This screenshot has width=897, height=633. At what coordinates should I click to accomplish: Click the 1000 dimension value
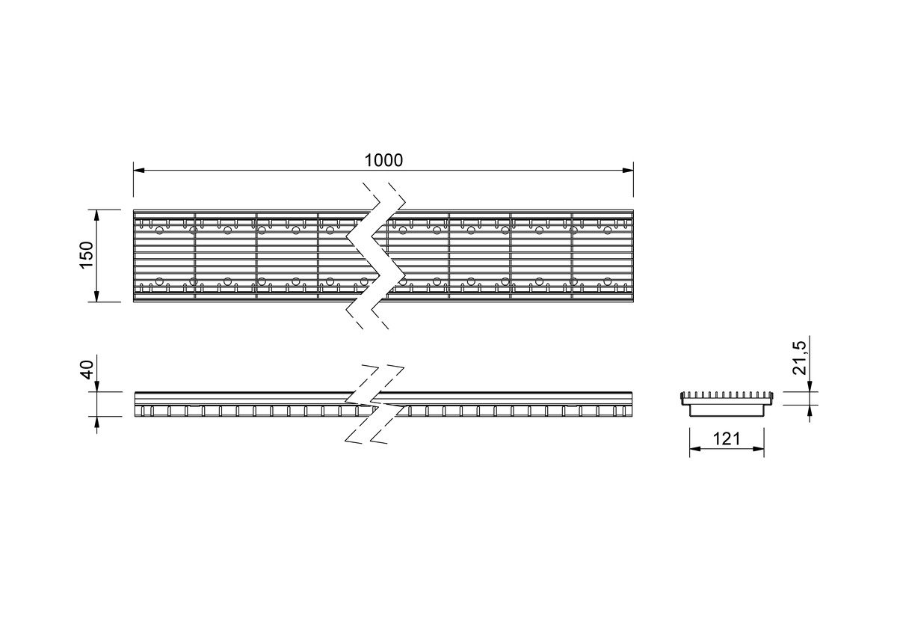(x=383, y=160)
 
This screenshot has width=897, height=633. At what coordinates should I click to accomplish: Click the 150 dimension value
(x=87, y=255)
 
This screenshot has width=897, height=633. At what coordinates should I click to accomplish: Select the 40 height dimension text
(x=87, y=370)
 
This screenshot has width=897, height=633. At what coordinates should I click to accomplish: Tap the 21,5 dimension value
(x=800, y=358)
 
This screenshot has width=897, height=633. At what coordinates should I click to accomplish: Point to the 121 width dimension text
(x=727, y=439)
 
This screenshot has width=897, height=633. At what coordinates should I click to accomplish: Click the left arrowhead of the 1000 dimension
(x=139, y=171)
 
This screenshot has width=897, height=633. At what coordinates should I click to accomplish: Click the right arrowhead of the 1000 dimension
(x=628, y=171)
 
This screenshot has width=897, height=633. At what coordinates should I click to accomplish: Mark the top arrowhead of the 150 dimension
(x=96, y=215)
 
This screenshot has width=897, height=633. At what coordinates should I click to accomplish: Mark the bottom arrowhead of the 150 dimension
(x=96, y=296)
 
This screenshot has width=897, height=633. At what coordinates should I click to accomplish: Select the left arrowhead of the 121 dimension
(x=695, y=449)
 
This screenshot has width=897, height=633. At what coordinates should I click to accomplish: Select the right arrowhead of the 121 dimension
(x=759, y=449)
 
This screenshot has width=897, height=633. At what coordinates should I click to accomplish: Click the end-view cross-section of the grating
(x=727, y=404)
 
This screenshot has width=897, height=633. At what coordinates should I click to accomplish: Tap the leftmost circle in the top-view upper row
(x=159, y=230)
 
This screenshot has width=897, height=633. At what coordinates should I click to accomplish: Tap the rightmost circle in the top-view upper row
(x=608, y=230)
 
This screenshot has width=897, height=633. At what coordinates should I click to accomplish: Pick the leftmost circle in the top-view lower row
(x=159, y=281)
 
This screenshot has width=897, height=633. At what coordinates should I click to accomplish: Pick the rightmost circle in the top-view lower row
(x=608, y=281)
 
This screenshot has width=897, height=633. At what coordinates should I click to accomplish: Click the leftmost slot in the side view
(x=143, y=412)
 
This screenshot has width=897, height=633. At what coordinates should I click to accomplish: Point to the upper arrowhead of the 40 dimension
(x=97, y=386)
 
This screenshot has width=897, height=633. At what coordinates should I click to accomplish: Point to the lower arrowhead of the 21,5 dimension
(x=810, y=411)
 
